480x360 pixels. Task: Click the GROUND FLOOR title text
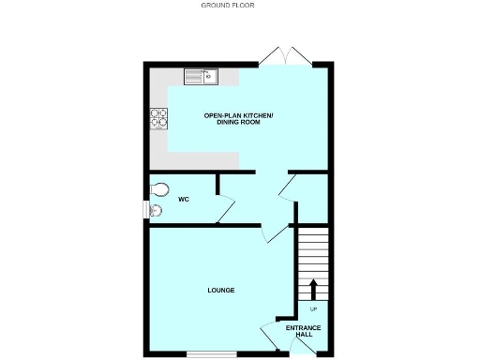(x=228, y=5)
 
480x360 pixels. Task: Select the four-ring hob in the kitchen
(x=157, y=118)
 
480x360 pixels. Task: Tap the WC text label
(x=184, y=199)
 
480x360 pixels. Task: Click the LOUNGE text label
(x=220, y=290)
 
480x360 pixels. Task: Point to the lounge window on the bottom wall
(x=204, y=354)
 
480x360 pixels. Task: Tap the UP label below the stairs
(x=313, y=309)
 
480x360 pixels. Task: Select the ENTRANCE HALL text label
(x=304, y=331)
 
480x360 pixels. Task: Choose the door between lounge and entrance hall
(x=269, y=332)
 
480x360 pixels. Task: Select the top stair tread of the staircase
(x=313, y=231)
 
